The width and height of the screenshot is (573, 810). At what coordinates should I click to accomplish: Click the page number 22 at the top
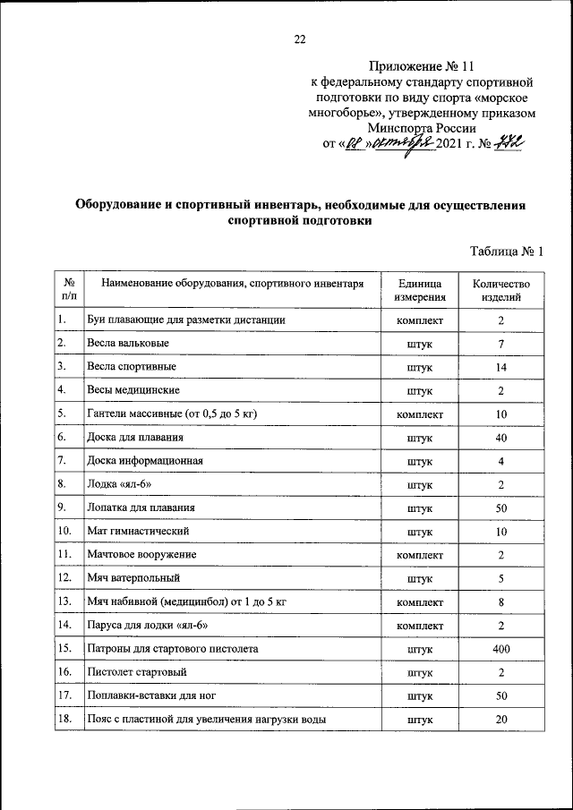click(300, 38)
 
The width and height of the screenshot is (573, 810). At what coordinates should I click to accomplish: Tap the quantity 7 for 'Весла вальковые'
click(501, 344)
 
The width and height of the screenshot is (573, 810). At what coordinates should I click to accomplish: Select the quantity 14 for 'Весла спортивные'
click(501, 367)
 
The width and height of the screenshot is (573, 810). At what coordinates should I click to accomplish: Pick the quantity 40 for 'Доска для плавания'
click(501, 438)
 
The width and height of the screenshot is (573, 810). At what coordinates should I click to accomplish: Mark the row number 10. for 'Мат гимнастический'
click(64, 532)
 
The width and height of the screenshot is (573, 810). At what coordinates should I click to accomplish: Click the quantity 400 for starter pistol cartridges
click(501, 648)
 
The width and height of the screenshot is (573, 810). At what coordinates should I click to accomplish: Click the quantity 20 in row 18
click(501, 719)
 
